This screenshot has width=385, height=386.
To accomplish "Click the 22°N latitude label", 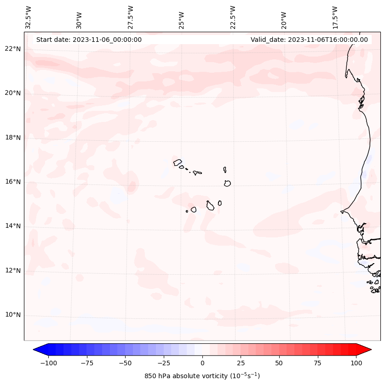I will [12, 49].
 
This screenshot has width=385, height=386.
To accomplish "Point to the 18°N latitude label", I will [12, 138].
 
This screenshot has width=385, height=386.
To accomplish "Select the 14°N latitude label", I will [12, 226].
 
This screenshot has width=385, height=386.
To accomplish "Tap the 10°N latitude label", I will [12, 315].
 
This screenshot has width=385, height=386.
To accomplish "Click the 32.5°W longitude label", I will [29, 17].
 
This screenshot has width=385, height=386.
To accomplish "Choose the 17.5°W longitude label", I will [335, 17].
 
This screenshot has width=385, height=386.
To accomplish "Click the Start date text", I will [89, 40].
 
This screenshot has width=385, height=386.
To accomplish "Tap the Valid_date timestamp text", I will [309, 40].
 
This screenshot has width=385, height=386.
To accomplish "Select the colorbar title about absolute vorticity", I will [202, 376].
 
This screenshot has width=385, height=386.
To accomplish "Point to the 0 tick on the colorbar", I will [202, 363].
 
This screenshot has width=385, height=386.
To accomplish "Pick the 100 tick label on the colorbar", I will [356, 363].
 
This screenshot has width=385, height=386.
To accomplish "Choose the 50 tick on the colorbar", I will [279, 363].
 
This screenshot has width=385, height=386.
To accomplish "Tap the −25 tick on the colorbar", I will [163, 363].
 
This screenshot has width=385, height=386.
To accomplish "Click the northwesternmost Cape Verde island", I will [178, 162].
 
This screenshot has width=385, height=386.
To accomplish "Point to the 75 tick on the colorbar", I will [318, 363].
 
